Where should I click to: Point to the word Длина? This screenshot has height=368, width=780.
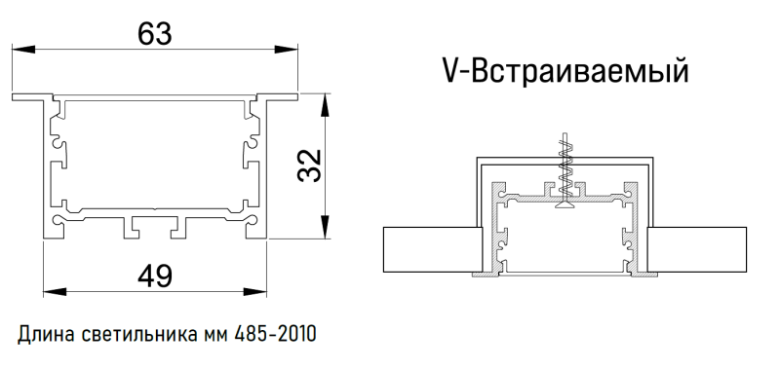pyautogui.click(x=44, y=335)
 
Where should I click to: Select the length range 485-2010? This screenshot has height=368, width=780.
pyautogui.click(x=275, y=335)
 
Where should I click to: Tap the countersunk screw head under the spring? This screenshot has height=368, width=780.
pyautogui.click(x=563, y=203)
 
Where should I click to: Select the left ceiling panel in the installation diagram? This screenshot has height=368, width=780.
pyautogui.click(x=429, y=250)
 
